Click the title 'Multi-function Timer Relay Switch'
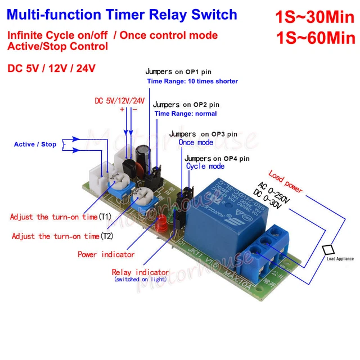(x=122, y=14)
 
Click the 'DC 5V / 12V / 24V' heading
(x=51, y=68)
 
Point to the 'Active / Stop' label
(x=35, y=145)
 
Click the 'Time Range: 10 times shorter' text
(x=192, y=82)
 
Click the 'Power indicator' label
(x=106, y=254)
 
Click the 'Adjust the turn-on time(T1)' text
(x=61, y=217)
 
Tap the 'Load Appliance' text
(x=340, y=259)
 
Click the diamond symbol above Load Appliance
(x=328, y=249)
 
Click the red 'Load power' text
(x=285, y=181)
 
